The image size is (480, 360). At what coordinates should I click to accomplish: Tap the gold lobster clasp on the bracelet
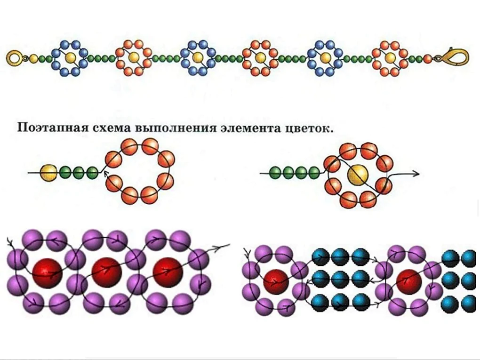pyautogui.click(x=454, y=57)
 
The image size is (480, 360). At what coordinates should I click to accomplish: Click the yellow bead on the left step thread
pyautogui.click(x=49, y=173)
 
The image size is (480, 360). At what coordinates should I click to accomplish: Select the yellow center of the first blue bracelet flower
pyautogui.click(x=70, y=57)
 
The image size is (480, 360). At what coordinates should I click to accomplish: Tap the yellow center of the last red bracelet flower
pyautogui.click(x=390, y=57)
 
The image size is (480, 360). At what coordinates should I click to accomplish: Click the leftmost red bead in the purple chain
pyautogui.click(x=48, y=273)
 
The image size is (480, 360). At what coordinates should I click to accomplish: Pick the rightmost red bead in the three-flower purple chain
pyautogui.click(x=168, y=272)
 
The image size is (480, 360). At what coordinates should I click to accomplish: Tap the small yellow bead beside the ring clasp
pyautogui.click(x=34, y=58)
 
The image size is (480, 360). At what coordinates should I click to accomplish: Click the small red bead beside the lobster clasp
pyautogui.click(x=427, y=58)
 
